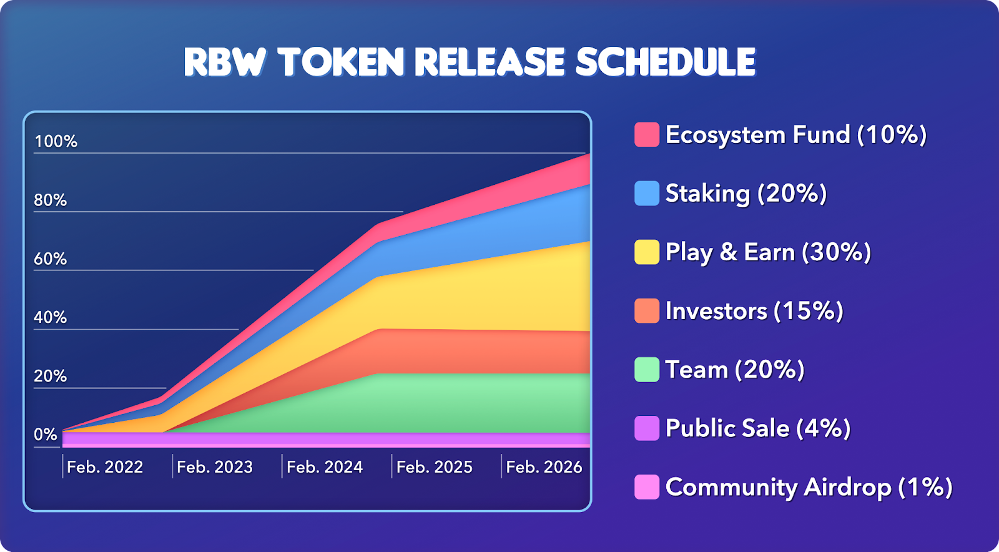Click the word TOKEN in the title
pos(341,62)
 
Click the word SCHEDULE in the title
pos(666,62)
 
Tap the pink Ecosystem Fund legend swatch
pos(647,134)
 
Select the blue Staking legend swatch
pos(647,193)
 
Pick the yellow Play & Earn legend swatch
pos(647,252)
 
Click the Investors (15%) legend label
pos(754,311)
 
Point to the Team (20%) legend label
pos(734,370)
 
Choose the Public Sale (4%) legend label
pos(758,428)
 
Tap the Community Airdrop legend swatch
pos(647,487)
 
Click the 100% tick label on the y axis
pos(56,141)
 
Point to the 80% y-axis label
pos(50,200)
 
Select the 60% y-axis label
pos(50,259)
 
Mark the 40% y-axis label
pos(50,317)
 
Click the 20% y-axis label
pos(50,377)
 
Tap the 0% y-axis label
pos(46,435)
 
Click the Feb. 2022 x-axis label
pos(105,467)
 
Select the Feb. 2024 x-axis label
pos(325,467)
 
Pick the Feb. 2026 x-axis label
pos(544,467)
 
